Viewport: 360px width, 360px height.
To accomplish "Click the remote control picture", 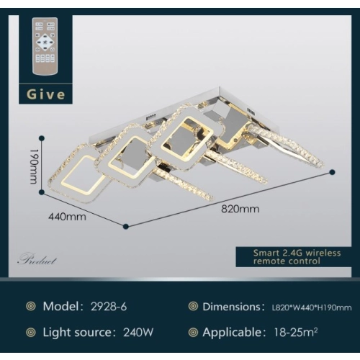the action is tap(45, 46).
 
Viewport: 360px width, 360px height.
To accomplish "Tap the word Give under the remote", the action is tap(45, 94).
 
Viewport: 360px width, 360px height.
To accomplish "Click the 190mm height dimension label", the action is tap(34, 166).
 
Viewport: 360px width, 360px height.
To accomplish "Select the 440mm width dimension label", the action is tap(67, 217).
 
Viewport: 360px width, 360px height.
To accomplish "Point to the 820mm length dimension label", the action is tap(240, 209).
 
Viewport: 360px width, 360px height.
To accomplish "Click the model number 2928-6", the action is tap(109, 307).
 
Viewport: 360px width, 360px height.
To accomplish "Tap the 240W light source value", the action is tap(138, 333).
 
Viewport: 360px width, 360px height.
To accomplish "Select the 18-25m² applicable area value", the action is tap(296, 333).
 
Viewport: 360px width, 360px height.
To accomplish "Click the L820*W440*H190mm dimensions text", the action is tap(312, 307).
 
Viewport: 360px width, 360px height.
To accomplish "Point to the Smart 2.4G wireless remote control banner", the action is tap(294, 257).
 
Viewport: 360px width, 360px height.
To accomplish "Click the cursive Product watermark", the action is tap(37, 261).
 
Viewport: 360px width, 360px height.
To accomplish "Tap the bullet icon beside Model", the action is tap(31, 306).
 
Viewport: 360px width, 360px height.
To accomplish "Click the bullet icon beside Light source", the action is tap(31, 333).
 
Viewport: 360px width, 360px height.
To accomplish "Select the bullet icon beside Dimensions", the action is tap(193, 306).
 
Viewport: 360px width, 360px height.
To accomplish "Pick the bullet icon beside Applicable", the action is tap(193, 333).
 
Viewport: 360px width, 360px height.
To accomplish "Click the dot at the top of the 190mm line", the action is tap(42, 138).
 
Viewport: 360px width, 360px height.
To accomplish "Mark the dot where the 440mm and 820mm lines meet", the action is tap(126, 226).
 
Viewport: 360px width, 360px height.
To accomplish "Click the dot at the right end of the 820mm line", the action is tap(333, 172).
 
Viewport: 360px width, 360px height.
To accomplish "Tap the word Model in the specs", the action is tap(61, 307).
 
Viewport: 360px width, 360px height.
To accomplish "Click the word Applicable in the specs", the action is tap(232, 333).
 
